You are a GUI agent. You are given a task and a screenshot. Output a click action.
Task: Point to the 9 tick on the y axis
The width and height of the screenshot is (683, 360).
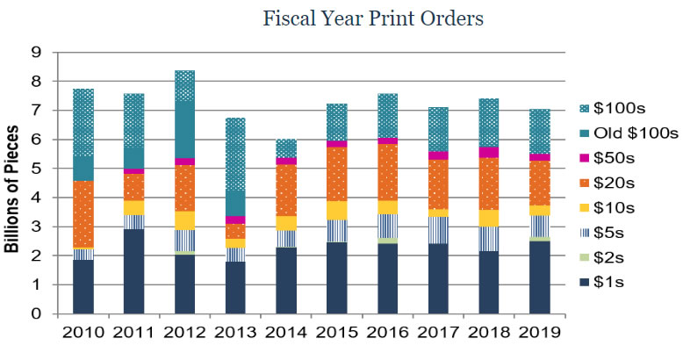point(36,53)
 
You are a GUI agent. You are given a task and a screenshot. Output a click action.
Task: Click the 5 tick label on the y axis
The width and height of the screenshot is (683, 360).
point(36,169)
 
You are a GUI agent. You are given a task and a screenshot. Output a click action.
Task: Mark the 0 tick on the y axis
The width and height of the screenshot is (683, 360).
point(36,313)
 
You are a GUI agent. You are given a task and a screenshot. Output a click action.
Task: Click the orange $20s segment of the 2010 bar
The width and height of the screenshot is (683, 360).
point(83,213)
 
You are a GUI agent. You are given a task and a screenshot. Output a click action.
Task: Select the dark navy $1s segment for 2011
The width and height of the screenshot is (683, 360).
point(134,271)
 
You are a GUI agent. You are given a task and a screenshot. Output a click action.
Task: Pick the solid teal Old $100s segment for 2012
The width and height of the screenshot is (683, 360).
point(185,128)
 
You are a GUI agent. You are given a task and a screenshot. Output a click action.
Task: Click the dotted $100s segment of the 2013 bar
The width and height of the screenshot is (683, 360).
point(236,154)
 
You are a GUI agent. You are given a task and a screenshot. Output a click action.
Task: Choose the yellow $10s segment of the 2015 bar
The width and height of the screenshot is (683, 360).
point(338,210)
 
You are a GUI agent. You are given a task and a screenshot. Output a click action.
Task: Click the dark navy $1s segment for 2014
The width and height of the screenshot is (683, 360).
point(287,281)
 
